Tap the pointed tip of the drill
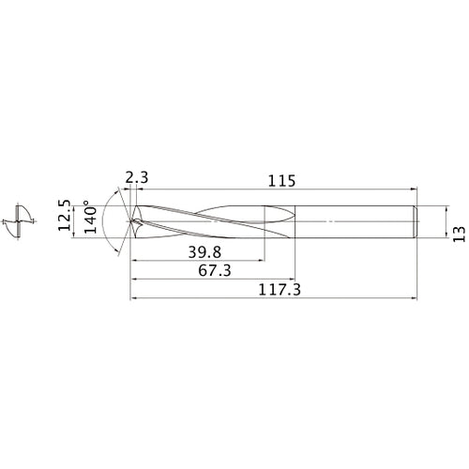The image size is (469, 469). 131,222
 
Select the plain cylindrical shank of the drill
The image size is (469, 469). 356,222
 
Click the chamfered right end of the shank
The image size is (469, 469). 415,222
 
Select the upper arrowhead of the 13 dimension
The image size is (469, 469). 444,208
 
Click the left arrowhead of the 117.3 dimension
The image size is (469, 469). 133,300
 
